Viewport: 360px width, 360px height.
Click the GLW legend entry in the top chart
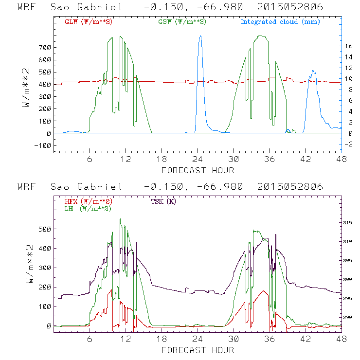pos(89,22)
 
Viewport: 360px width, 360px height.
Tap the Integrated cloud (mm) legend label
pos(280,22)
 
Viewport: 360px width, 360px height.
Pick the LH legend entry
pos(88,209)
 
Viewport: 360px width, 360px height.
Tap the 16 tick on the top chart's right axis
pos(350,46)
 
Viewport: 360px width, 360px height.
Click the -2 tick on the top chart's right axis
pos(350,144)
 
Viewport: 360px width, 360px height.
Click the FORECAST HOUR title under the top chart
pos(198,170)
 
